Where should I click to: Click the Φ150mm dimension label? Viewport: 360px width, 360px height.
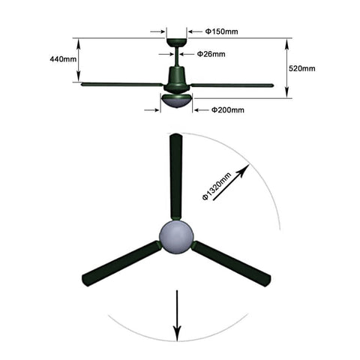coord(221,31)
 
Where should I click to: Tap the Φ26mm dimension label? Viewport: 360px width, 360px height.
coord(211,54)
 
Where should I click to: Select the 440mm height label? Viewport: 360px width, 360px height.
coord(63,59)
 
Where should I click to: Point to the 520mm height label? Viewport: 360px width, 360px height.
coord(302,68)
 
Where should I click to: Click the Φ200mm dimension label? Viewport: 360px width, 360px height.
coord(228,109)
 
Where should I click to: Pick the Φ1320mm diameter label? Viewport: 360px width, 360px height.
coord(217,186)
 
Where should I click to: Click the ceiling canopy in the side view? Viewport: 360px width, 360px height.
coord(177,43)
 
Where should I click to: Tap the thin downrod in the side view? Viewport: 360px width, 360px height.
coord(177,57)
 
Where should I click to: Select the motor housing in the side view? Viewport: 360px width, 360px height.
coord(177,79)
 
